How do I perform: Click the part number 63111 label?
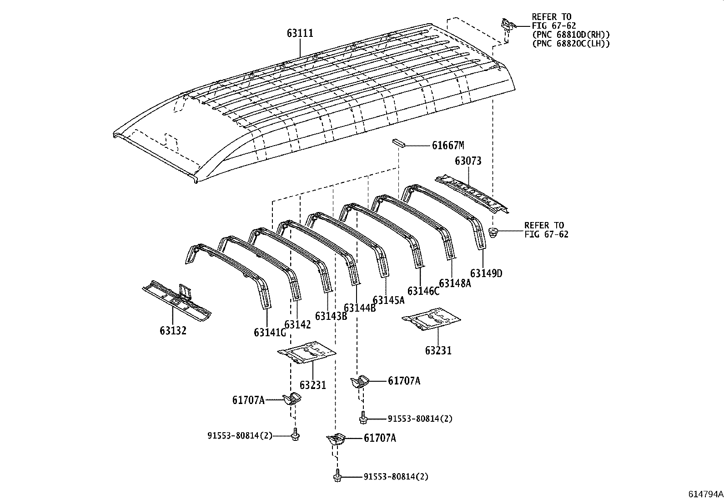pyautogui.click(x=300, y=33)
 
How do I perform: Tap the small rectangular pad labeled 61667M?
pyautogui.click(x=398, y=143)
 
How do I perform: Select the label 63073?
pyautogui.click(x=468, y=161)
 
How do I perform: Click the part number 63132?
pyautogui.click(x=173, y=330)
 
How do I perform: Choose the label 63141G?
pyautogui.click(x=270, y=333)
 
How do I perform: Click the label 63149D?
pyautogui.click(x=486, y=273)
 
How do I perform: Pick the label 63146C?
pyautogui.click(x=423, y=291)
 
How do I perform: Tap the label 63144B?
pyautogui.click(x=360, y=308)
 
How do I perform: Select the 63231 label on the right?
pyautogui.click(x=438, y=350)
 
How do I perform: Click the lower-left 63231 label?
pyautogui.click(x=313, y=385)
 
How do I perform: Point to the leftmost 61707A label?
pyautogui.click(x=248, y=400)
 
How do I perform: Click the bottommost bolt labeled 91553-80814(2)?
pyautogui.click(x=337, y=476)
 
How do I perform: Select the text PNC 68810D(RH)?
pyautogui.click(x=571, y=35)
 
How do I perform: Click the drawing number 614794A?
pyautogui.click(x=705, y=494)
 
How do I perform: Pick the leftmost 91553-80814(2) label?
pyautogui.click(x=240, y=435)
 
